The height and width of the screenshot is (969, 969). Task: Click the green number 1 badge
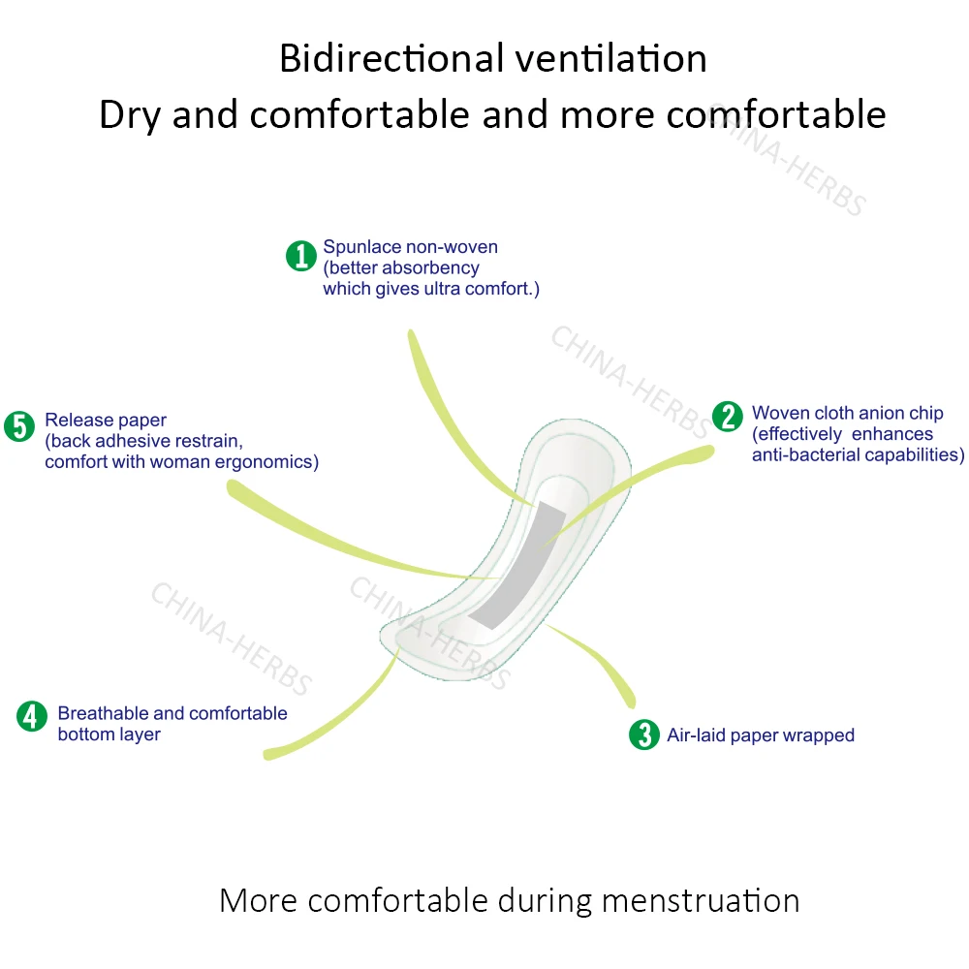[x=301, y=256]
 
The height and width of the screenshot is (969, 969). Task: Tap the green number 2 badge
[x=727, y=417]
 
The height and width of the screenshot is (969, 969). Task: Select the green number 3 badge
[x=643, y=735]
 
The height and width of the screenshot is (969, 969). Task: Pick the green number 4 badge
[x=32, y=716]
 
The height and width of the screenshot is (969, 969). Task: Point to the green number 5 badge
[x=19, y=426]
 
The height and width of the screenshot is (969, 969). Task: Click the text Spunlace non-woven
[x=410, y=247]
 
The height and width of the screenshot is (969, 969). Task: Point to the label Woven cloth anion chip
[x=847, y=414]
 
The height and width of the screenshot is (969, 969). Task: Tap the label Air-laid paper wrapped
[x=760, y=735]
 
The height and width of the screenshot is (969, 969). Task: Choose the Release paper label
[x=106, y=421]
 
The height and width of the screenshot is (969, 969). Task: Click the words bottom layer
[x=109, y=735]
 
